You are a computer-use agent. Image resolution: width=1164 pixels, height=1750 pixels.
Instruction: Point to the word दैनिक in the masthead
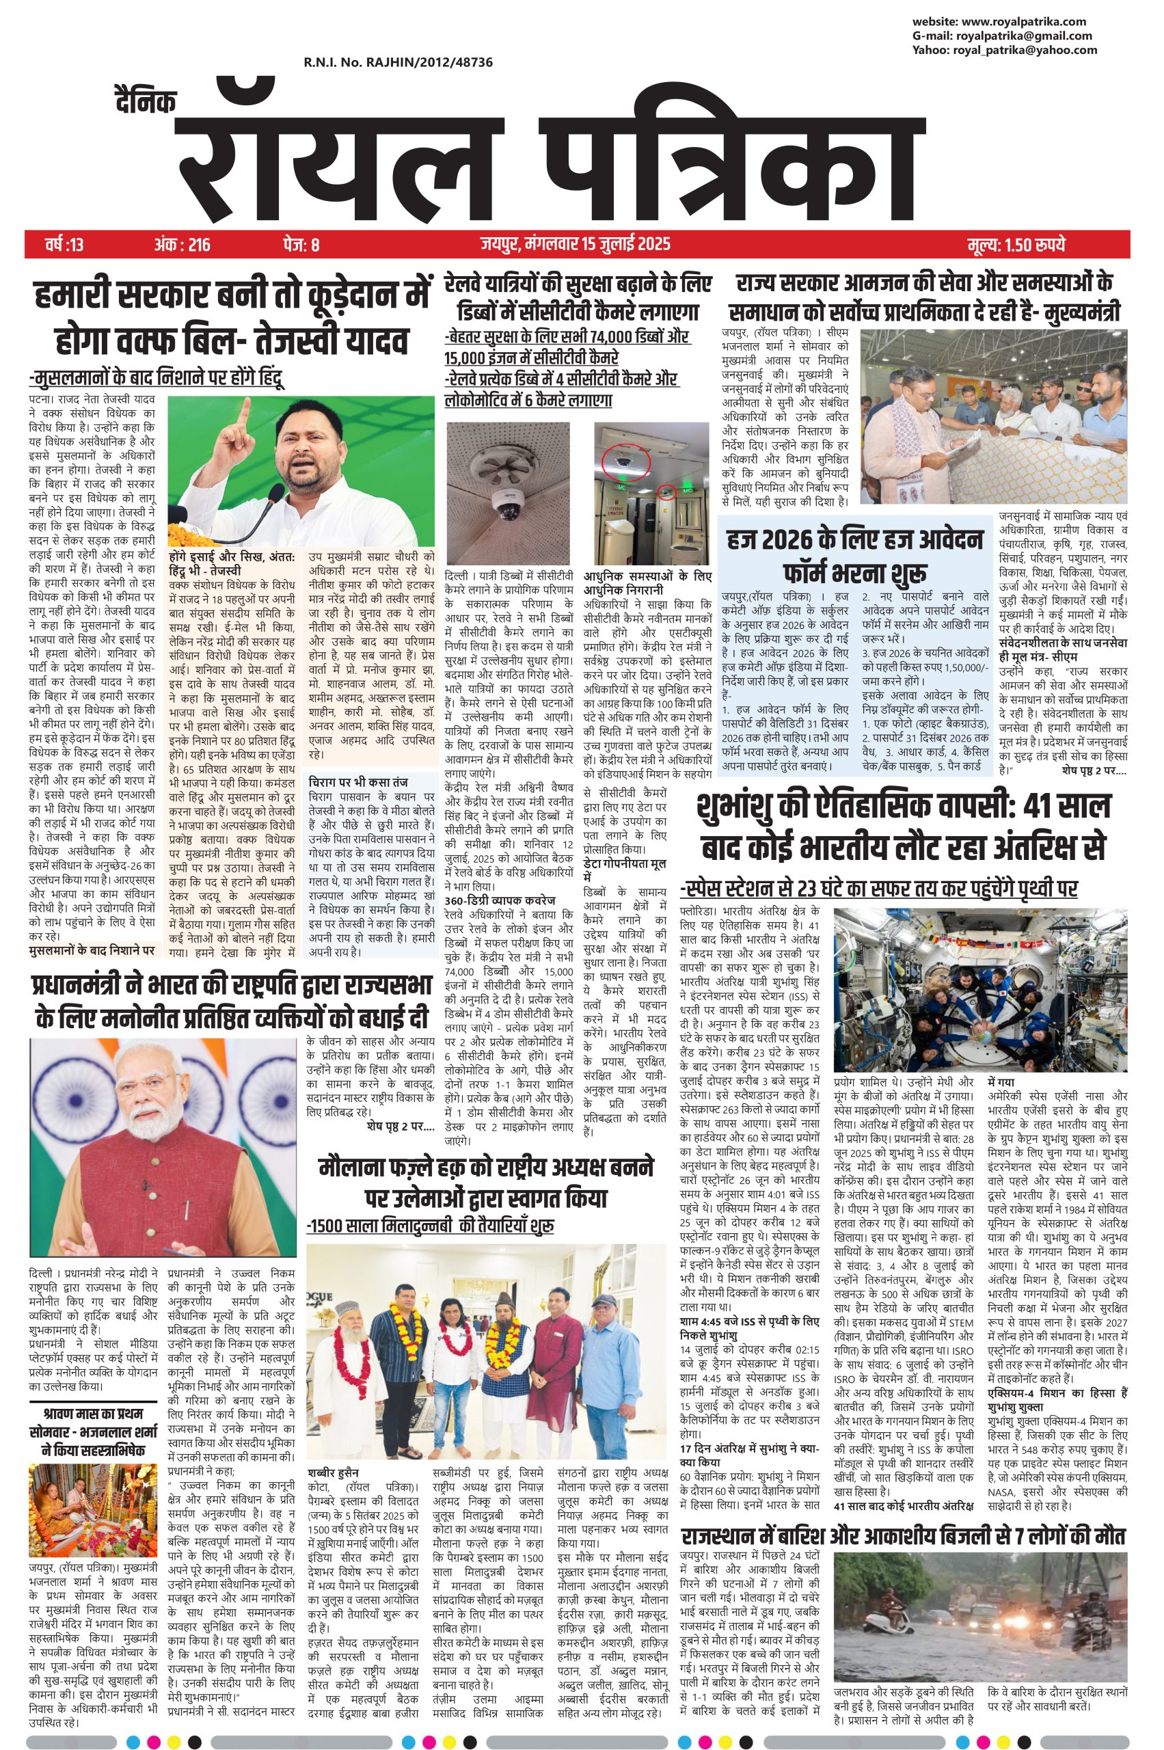coord(147,103)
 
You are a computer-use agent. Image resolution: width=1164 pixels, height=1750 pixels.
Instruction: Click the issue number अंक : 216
coord(182,244)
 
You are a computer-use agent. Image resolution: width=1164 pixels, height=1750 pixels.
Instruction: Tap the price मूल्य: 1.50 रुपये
coord(1016,244)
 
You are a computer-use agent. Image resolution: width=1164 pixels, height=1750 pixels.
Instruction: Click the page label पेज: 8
coord(301,244)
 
